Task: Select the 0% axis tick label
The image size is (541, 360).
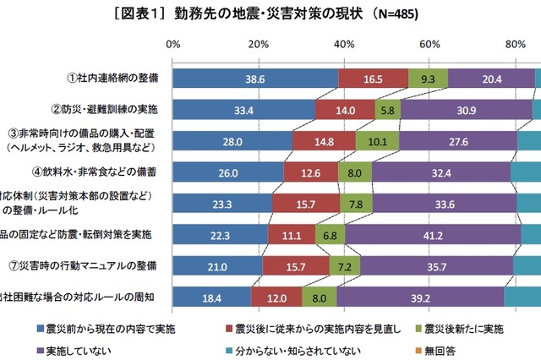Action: pyautogui.click(x=173, y=43)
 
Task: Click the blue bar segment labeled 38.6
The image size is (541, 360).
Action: pyautogui.click(x=255, y=79)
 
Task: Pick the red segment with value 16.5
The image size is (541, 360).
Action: pyautogui.click(x=373, y=79)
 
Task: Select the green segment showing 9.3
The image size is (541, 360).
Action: pyautogui.click(x=428, y=79)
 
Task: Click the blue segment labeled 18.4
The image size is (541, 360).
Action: pyautogui.click(x=212, y=297)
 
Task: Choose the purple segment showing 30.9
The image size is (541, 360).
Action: pyautogui.click(x=466, y=110)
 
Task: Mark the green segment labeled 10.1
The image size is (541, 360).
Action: pyautogui.click(x=377, y=141)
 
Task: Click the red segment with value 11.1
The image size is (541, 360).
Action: pyautogui.click(x=292, y=234)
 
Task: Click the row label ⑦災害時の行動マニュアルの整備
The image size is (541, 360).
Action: pyautogui.click(x=93, y=265)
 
